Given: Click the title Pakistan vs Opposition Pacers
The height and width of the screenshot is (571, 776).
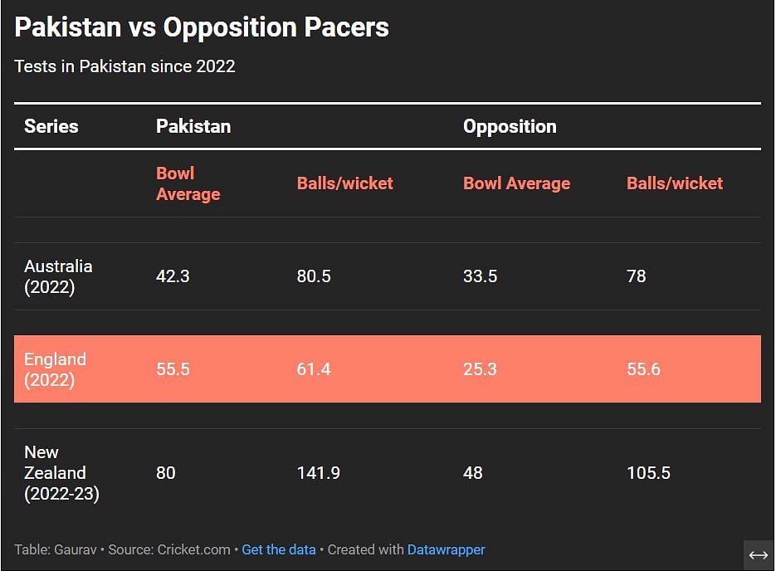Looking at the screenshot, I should pyautogui.click(x=202, y=27).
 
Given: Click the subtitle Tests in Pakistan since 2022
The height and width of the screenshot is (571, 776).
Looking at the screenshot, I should pyautogui.click(x=124, y=66).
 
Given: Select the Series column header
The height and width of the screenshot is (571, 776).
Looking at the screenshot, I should pyautogui.click(x=51, y=126).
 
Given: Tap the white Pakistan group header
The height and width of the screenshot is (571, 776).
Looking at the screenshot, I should pyautogui.click(x=193, y=126).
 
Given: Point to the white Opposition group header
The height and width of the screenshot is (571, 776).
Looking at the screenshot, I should pyautogui.click(x=510, y=126).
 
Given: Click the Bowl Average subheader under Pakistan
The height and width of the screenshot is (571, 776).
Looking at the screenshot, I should pyautogui.click(x=188, y=183).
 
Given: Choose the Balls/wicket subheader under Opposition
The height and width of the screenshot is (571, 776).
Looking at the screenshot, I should pyautogui.click(x=675, y=183).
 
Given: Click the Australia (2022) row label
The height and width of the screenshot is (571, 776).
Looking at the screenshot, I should pyautogui.click(x=58, y=276).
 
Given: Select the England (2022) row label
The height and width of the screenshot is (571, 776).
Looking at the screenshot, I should pyautogui.click(x=55, y=369).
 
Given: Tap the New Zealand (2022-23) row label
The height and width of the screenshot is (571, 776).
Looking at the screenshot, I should pyautogui.click(x=61, y=473).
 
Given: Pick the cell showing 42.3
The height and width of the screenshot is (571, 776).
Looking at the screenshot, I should pyautogui.click(x=173, y=276).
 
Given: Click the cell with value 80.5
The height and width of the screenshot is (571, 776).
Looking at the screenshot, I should pyautogui.click(x=314, y=276).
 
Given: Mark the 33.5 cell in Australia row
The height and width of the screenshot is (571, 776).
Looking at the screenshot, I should pyautogui.click(x=480, y=276).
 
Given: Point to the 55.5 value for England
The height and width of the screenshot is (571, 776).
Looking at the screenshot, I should pyautogui.click(x=173, y=369).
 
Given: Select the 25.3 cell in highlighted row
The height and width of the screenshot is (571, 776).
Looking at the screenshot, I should pyautogui.click(x=480, y=369).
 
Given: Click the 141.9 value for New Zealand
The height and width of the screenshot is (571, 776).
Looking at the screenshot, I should pyautogui.click(x=318, y=473).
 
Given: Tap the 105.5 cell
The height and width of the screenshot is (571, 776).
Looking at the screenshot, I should pyautogui.click(x=648, y=473).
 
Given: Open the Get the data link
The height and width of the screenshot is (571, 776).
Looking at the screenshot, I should pyautogui.click(x=279, y=549).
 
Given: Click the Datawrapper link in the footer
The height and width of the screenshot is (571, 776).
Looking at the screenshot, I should pyautogui.click(x=446, y=549).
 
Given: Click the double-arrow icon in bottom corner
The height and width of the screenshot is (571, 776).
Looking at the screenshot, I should pyautogui.click(x=759, y=555).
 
